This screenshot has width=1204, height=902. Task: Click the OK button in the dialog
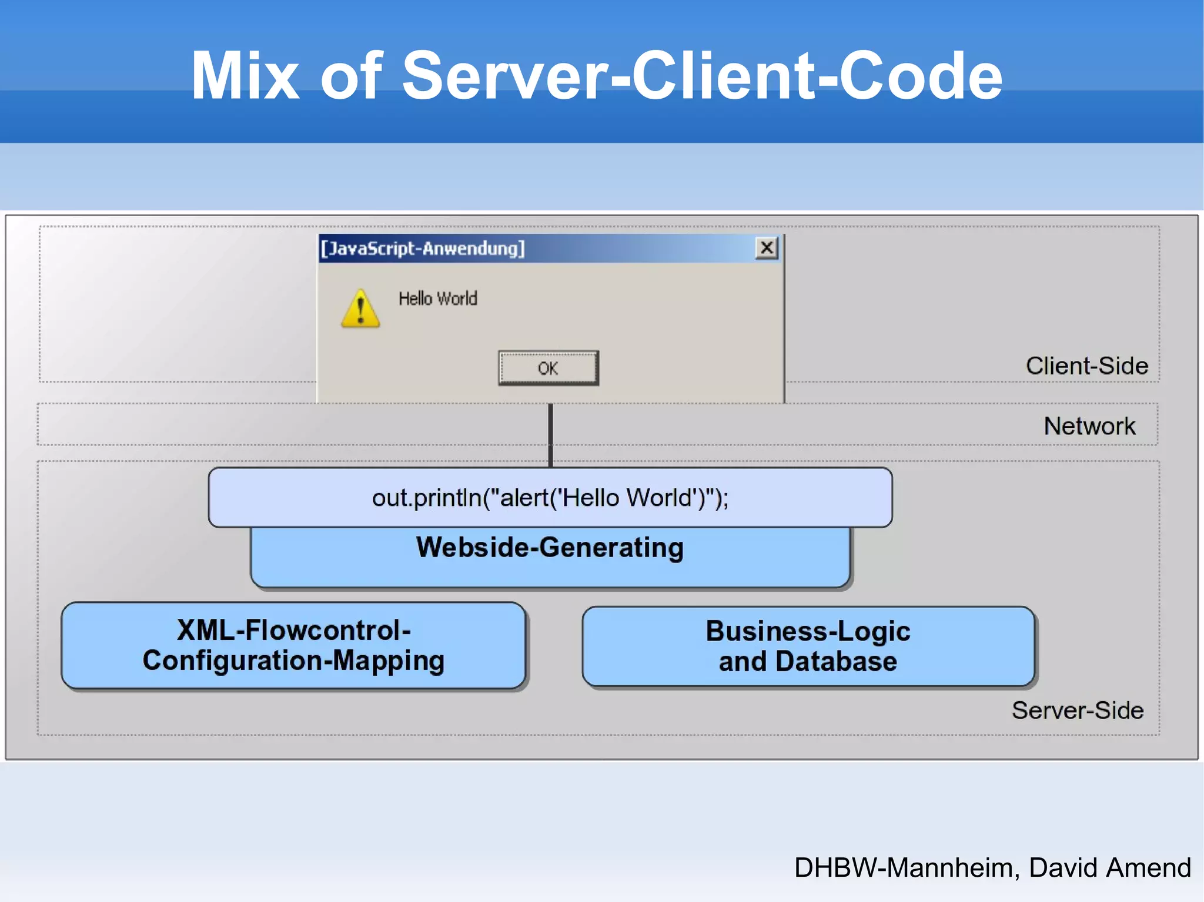(548, 368)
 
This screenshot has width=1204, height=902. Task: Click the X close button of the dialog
(767, 248)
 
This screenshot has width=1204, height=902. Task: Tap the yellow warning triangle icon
(360, 310)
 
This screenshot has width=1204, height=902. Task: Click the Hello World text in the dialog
(438, 299)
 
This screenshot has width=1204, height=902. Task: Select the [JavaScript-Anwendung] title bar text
(422, 249)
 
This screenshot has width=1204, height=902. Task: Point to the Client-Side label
(1086, 366)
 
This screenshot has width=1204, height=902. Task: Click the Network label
(1089, 426)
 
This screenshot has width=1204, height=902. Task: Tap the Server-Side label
(1077, 710)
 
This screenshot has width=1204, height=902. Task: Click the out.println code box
(550, 498)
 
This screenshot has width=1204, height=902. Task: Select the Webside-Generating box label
(550, 548)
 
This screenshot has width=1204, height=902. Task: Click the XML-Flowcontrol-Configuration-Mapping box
(293, 645)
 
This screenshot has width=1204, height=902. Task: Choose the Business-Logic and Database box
(808, 646)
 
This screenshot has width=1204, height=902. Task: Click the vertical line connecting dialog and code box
(550, 435)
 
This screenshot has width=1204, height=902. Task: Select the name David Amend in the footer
(1109, 868)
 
